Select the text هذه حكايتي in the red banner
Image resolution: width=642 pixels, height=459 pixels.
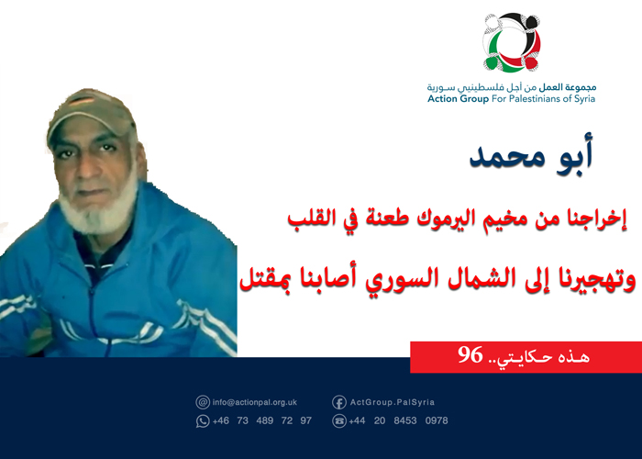tap(550, 355)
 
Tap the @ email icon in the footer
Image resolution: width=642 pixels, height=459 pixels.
tap(203, 401)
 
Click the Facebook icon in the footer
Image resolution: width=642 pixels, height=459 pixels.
tap(338, 401)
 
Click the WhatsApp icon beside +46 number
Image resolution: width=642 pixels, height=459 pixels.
tap(203, 420)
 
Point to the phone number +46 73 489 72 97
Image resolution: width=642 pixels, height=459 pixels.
tap(261, 420)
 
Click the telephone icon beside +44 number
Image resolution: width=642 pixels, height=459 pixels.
tap(338, 420)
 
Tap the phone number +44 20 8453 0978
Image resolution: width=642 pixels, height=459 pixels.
tap(398, 420)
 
